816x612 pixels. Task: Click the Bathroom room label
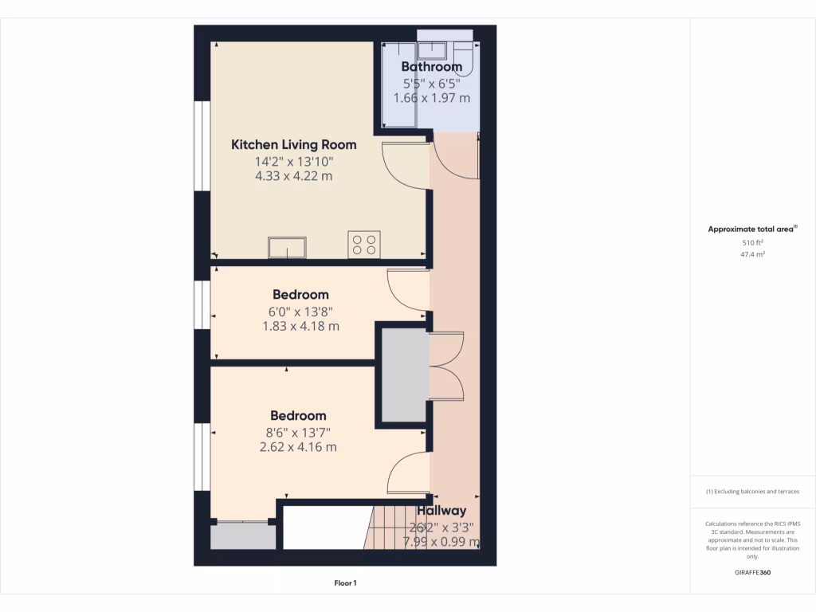(x=431, y=67)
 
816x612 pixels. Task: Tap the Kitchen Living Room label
(x=293, y=145)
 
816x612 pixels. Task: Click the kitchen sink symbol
(x=288, y=248)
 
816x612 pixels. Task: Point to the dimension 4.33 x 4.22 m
(x=293, y=176)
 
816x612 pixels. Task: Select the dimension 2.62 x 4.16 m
(x=298, y=447)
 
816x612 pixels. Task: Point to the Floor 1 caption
(x=345, y=583)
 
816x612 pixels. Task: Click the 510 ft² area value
(x=752, y=242)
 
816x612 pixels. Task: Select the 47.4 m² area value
(x=752, y=255)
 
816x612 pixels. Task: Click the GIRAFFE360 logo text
(x=752, y=572)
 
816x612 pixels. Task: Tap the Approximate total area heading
(x=752, y=229)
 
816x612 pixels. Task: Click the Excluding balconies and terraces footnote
(x=752, y=492)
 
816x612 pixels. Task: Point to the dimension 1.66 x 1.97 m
(x=431, y=98)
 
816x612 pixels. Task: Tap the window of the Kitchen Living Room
(x=202, y=147)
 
